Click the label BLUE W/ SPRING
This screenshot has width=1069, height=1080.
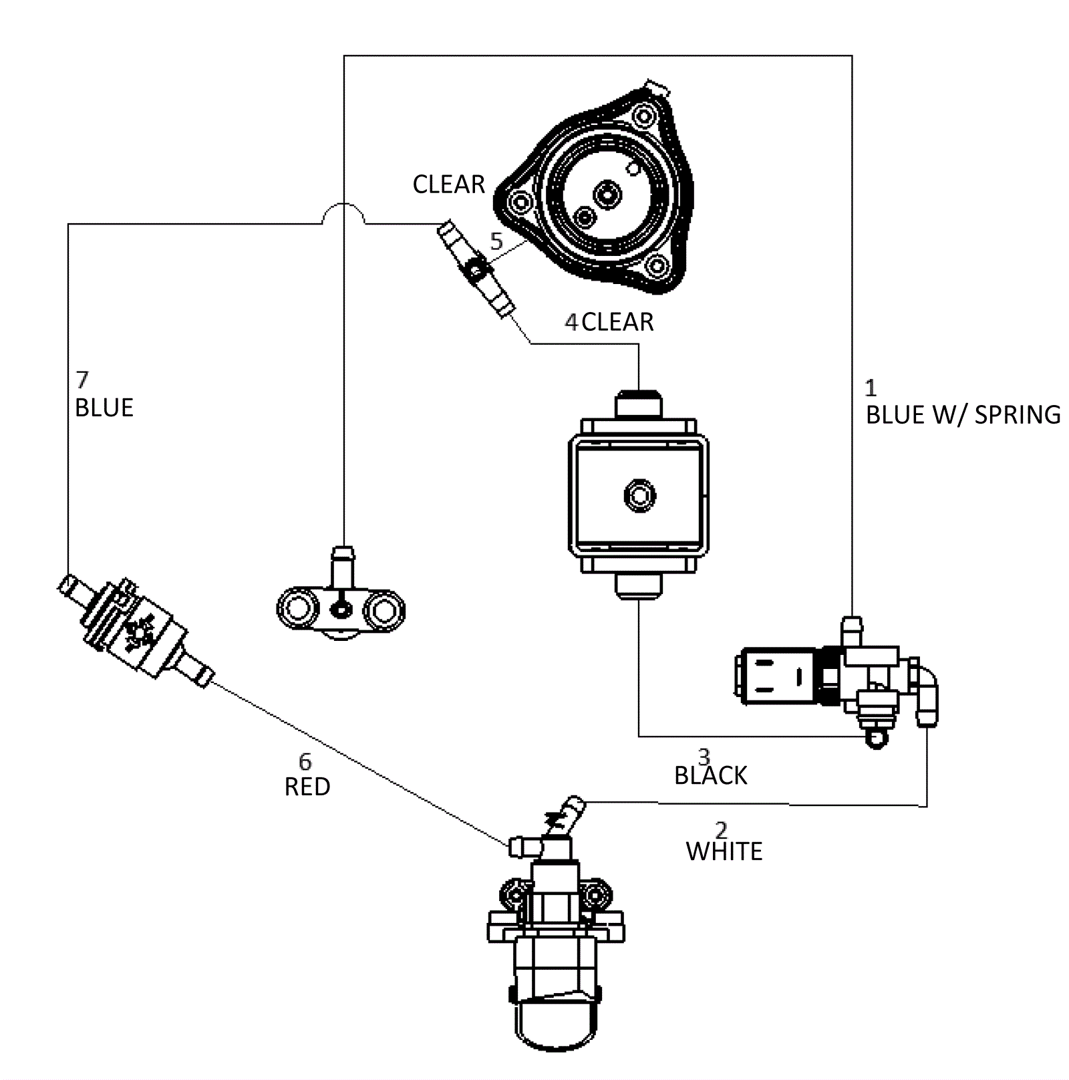click(x=963, y=415)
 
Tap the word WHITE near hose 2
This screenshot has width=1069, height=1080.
click(x=724, y=851)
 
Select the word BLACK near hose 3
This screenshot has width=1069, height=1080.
click(x=711, y=776)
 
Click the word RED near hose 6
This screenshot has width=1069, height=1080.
click(x=307, y=787)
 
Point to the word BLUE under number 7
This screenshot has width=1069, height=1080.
click(x=104, y=408)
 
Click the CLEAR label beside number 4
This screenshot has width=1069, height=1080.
click(x=618, y=322)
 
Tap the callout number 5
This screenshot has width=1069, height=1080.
click(x=496, y=241)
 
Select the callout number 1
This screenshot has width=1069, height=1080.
click(x=871, y=388)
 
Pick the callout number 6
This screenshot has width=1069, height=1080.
click(x=305, y=762)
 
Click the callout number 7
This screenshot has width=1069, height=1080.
click(x=82, y=380)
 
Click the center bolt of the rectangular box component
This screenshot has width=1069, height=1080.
click(x=639, y=495)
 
